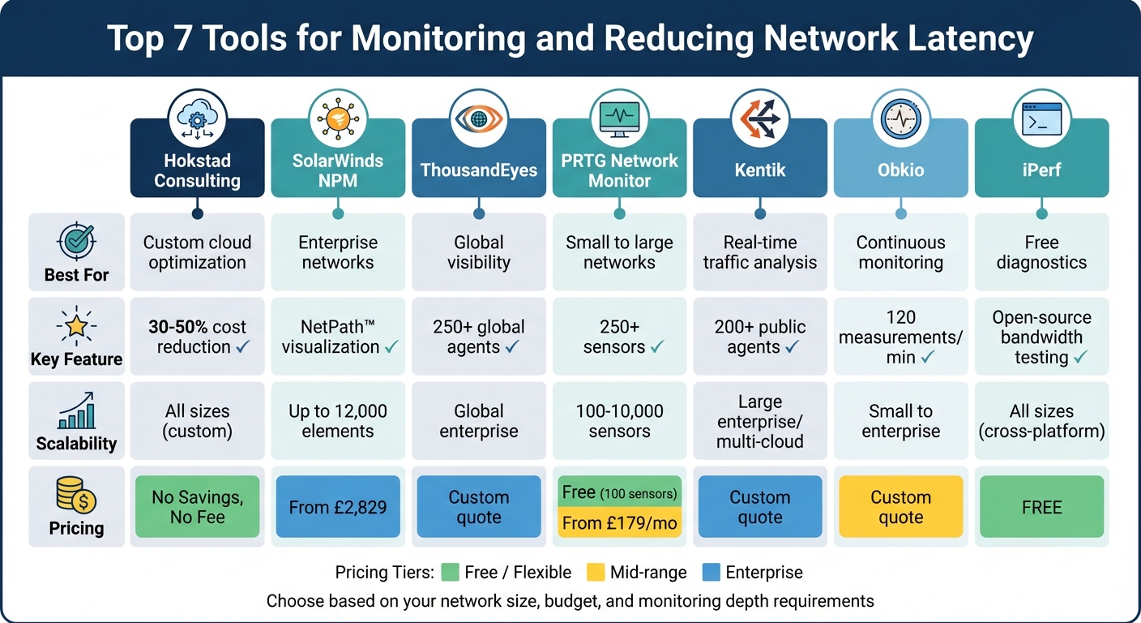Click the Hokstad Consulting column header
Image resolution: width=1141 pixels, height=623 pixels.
(x=197, y=170)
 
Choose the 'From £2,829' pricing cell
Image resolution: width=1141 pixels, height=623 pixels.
(x=338, y=507)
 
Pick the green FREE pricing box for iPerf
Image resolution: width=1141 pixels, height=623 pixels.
(x=1041, y=507)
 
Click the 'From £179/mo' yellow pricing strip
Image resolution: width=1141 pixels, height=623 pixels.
(x=619, y=523)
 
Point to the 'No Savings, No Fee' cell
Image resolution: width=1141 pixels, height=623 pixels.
(x=197, y=507)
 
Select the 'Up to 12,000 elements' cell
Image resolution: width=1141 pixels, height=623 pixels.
(x=338, y=421)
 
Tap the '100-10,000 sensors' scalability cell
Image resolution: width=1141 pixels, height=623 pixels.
(x=619, y=421)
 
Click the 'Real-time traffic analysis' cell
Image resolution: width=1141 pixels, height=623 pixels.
(x=759, y=252)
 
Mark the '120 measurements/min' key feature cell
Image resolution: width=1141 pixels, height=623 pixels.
(x=900, y=337)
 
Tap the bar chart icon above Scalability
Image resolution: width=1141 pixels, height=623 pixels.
(x=76, y=410)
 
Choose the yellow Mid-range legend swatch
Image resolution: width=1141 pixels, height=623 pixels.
(x=596, y=573)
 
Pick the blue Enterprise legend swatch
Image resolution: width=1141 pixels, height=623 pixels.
(x=711, y=573)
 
